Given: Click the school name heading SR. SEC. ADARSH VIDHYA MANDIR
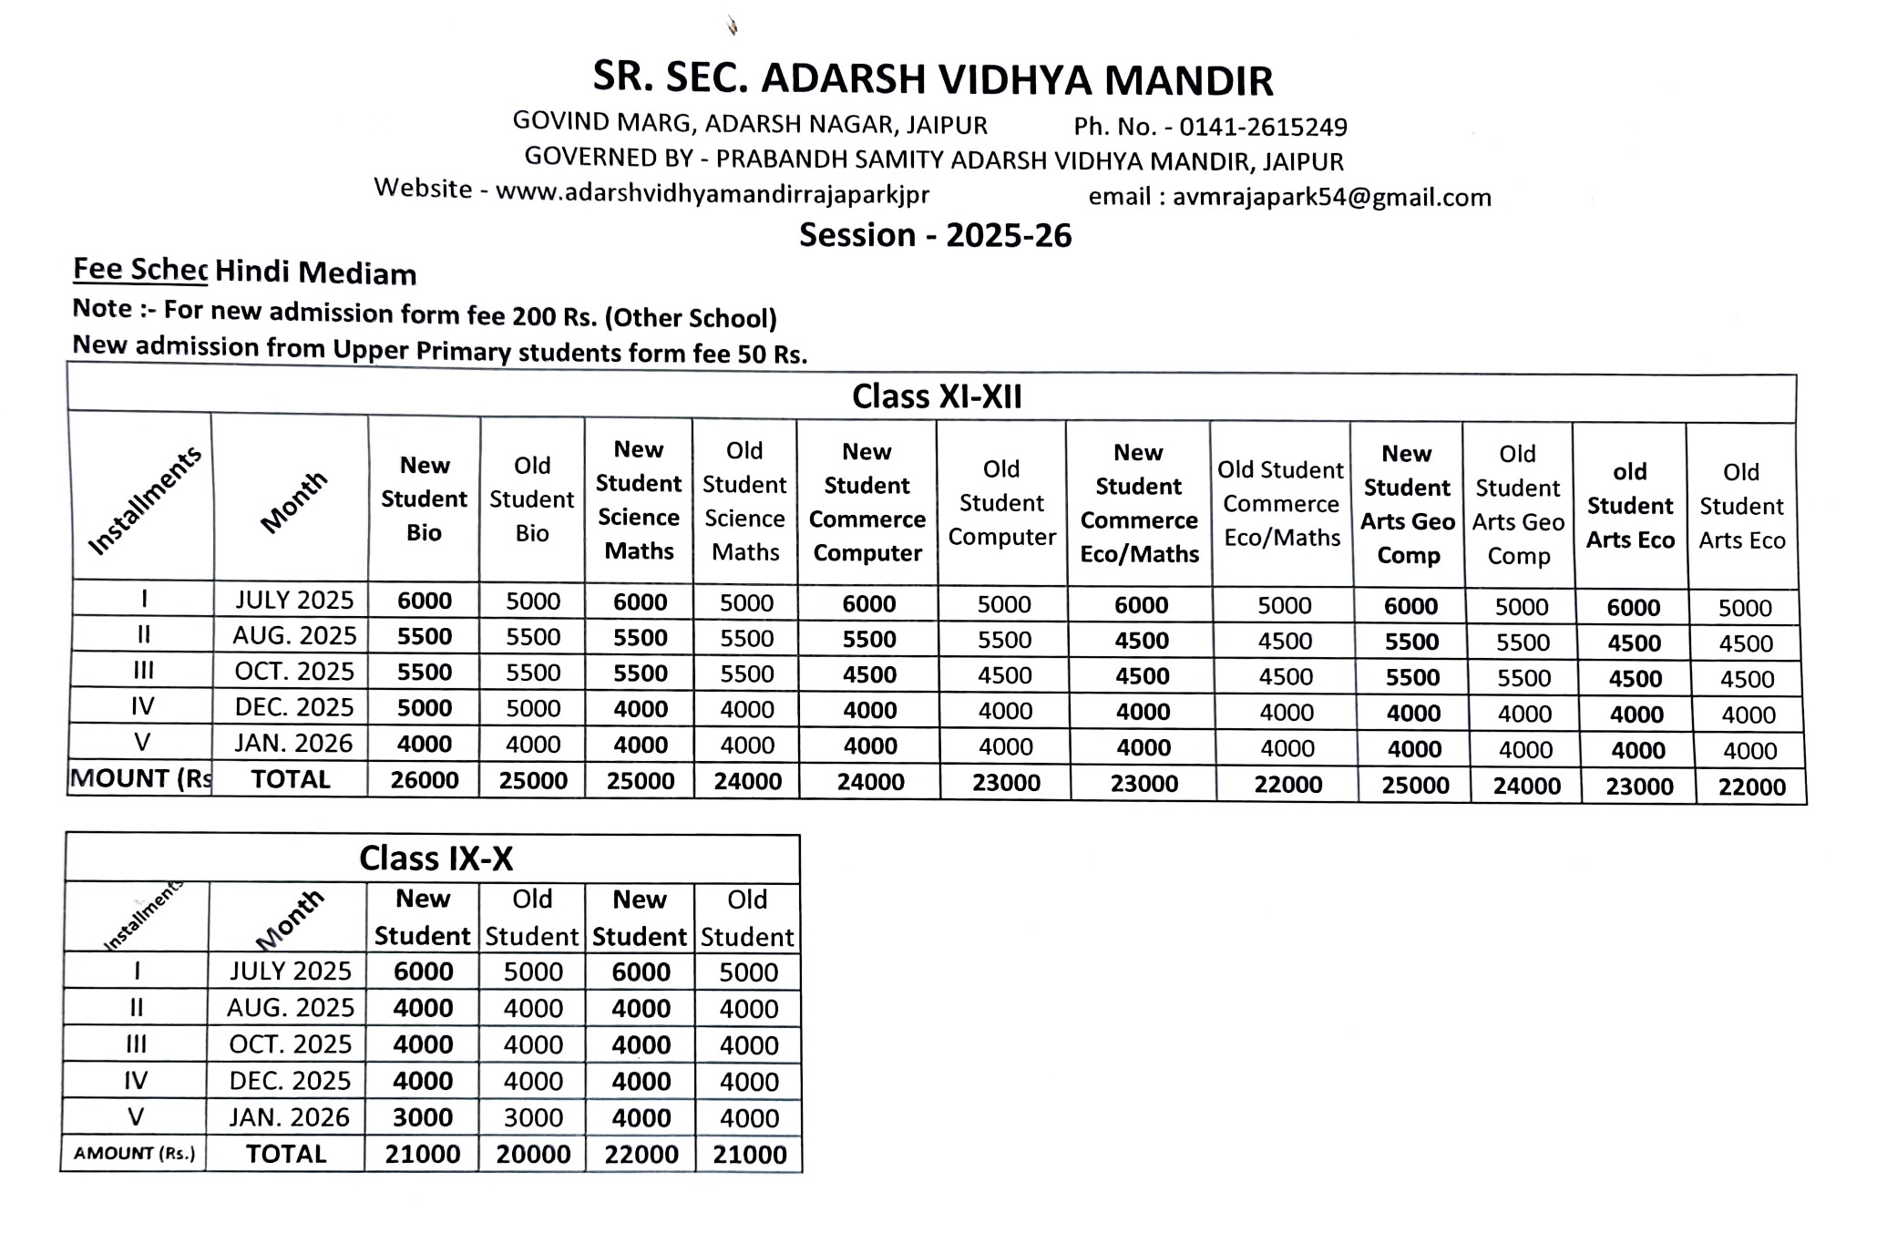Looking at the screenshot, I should click(x=932, y=79).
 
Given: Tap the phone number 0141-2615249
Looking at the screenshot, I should click(x=1262, y=127).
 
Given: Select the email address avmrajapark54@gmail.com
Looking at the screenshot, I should click(x=1331, y=197).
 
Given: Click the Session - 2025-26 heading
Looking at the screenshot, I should click(x=935, y=235).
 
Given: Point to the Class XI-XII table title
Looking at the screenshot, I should click(x=937, y=396).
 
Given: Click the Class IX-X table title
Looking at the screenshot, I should click(x=436, y=858).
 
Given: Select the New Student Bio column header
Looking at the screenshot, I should click(x=424, y=499).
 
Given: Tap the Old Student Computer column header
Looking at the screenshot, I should click(x=1001, y=503).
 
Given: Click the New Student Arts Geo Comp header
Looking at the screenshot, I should click(x=1407, y=505).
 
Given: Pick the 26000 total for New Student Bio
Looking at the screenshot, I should click(x=424, y=780).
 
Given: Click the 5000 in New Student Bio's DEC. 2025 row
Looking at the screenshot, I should click(x=425, y=708).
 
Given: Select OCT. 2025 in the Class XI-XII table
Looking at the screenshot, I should click(x=293, y=672).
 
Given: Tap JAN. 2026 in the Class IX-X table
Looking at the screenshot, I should click(x=289, y=1117).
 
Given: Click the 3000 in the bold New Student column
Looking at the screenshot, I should click(x=423, y=1117).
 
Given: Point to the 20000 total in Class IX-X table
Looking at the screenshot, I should click(x=533, y=1155).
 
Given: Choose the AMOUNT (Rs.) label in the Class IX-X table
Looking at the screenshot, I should click(x=134, y=1154).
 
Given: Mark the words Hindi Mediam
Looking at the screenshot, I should click(x=315, y=273).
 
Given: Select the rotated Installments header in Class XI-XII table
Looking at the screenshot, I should click(x=144, y=500).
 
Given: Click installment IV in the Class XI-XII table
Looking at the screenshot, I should click(x=142, y=706).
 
